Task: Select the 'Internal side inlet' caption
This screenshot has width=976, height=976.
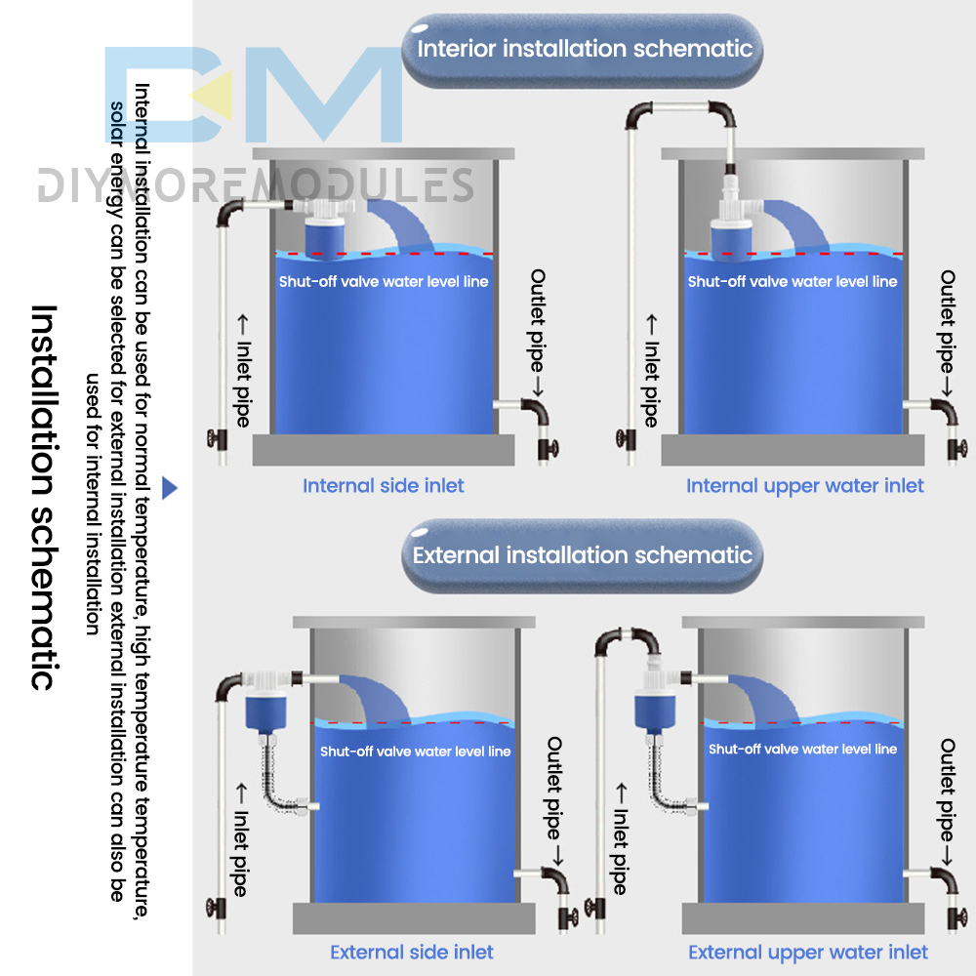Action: pyautogui.click(x=384, y=485)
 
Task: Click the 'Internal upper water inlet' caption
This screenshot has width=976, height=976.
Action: pyautogui.click(x=805, y=486)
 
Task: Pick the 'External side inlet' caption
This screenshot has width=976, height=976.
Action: pyautogui.click(x=412, y=953)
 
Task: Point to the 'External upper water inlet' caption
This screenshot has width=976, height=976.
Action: pyautogui.click(x=808, y=953)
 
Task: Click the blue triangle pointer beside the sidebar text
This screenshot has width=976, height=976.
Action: pyautogui.click(x=169, y=488)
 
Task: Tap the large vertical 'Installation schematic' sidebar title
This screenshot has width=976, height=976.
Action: pyautogui.click(x=44, y=498)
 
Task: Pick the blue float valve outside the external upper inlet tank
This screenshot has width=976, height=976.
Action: pyautogui.click(x=655, y=712)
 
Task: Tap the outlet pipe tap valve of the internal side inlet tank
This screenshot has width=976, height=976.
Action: pyautogui.click(x=548, y=448)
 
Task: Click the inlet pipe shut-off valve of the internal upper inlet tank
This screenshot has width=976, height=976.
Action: pyautogui.click(x=626, y=439)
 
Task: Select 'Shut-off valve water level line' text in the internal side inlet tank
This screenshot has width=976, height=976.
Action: pyautogui.click(x=384, y=282)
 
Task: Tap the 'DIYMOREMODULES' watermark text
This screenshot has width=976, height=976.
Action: pyautogui.click(x=255, y=185)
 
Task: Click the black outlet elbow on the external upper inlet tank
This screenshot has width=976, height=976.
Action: pyautogui.click(x=945, y=880)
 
